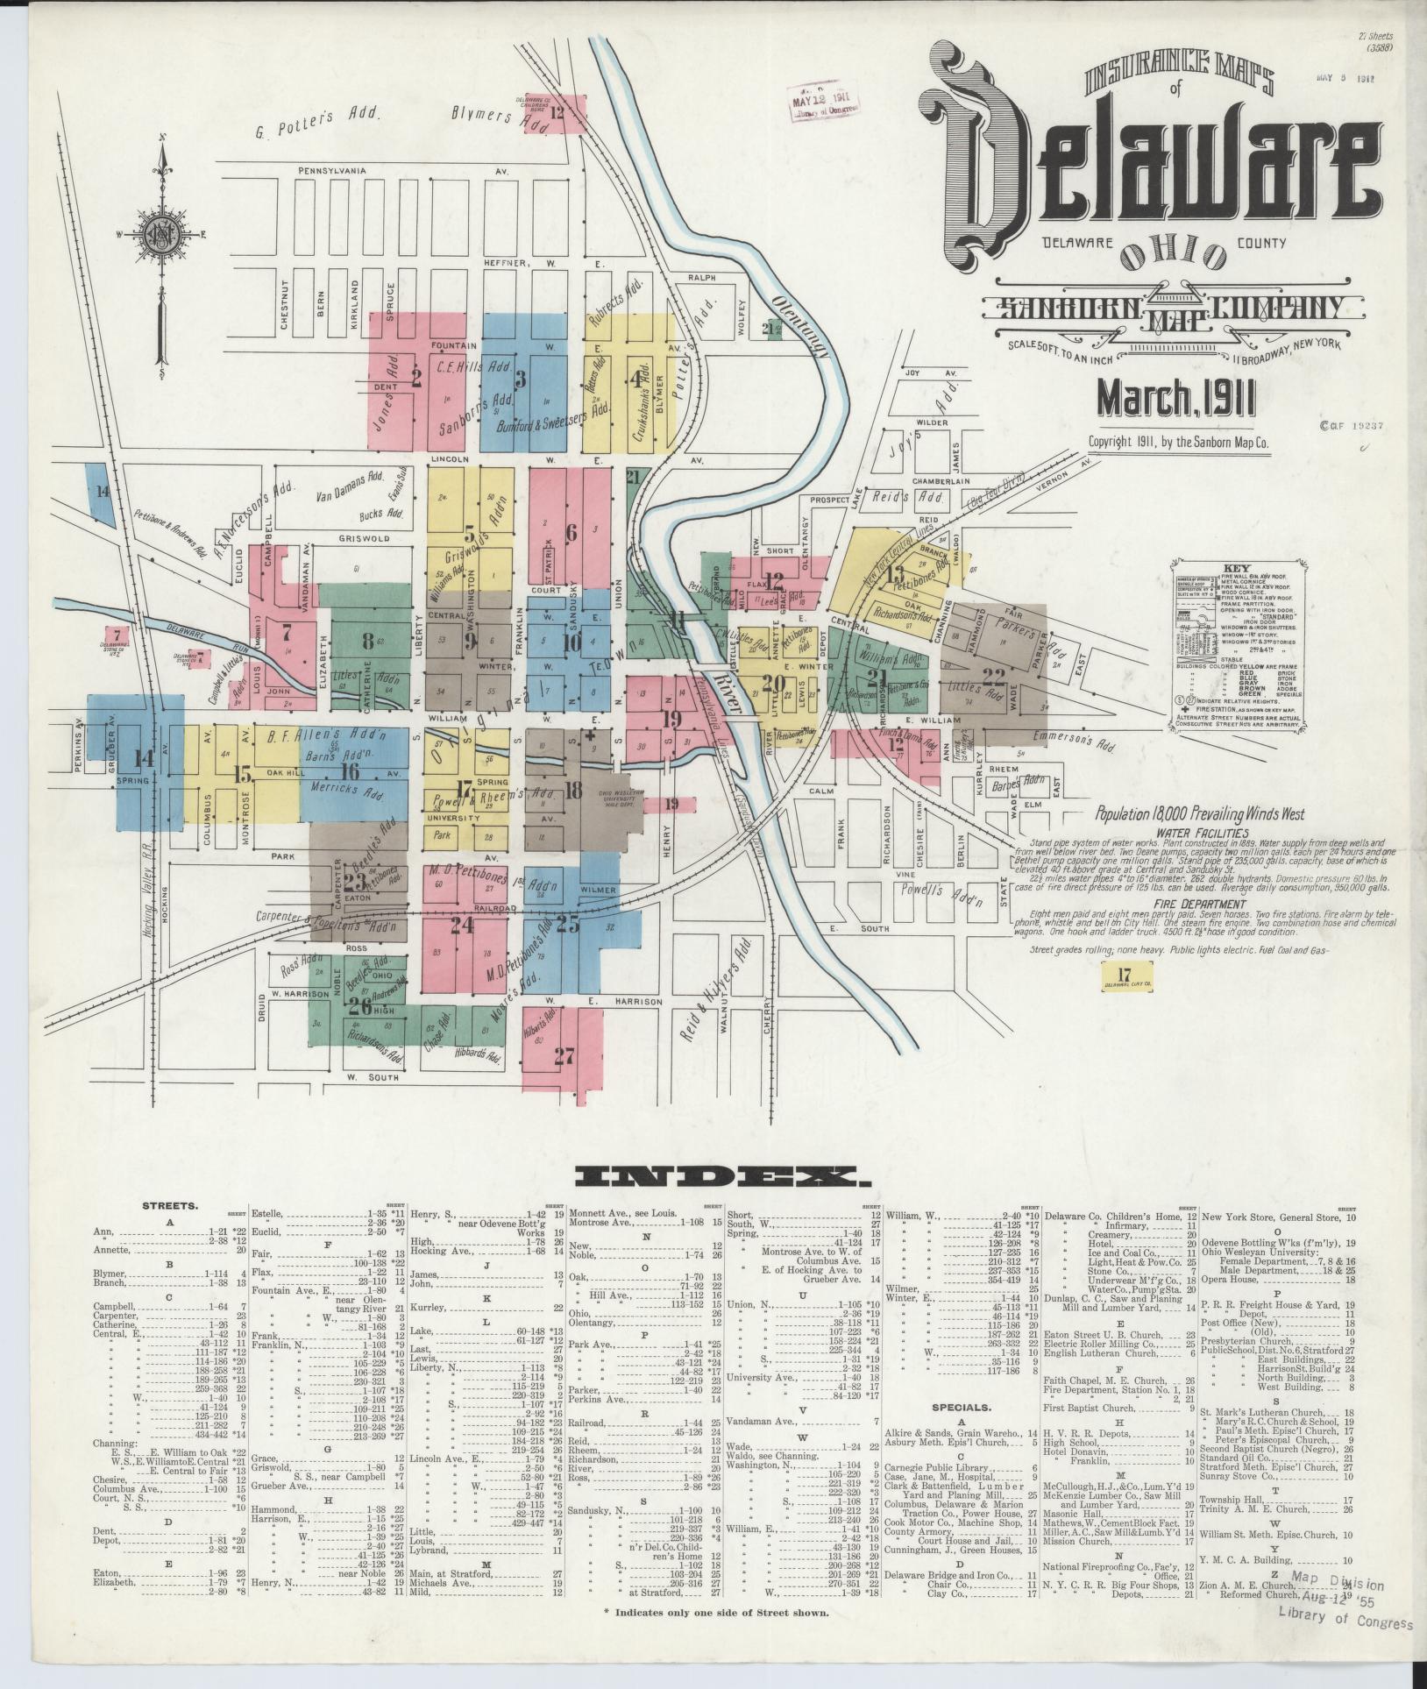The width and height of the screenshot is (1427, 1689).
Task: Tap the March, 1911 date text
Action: pyautogui.click(x=1175, y=400)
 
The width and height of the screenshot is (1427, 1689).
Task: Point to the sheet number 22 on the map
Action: pyautogui.click(x=994, y=676)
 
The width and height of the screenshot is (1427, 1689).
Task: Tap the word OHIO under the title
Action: pyautogui.click(x=1174, y=256)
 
